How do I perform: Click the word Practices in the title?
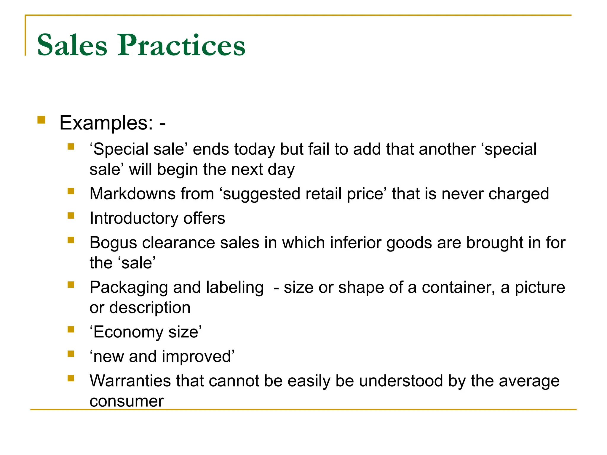181,45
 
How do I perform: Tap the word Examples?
106,123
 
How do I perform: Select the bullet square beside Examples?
41,120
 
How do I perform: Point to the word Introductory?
134,219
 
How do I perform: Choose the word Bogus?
113,243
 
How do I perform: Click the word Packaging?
129,288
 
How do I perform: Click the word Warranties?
130,381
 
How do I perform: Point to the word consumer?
127,401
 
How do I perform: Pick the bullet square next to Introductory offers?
71,216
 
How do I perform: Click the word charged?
519,194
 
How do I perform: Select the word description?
150,308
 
